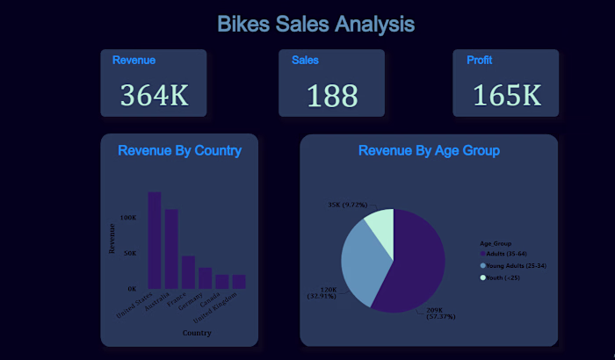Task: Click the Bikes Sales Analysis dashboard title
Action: tap(315, 24)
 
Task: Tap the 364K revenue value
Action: tap(155, 94)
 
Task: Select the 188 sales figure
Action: tap(333, 95)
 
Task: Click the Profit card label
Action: tap(479, 61)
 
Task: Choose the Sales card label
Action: tap(305, 61)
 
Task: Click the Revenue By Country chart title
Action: tap(179, 151)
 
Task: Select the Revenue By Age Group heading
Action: tap(429, 151)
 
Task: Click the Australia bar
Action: tap(171, 248)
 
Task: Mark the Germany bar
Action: tap(205, 277)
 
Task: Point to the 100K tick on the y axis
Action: tap(128, 217)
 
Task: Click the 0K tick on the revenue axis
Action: tap(131, 288)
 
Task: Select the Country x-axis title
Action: tap(196, 333)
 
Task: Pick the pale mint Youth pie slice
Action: tap(380, 224)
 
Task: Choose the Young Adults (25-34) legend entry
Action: tap(517, 265)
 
